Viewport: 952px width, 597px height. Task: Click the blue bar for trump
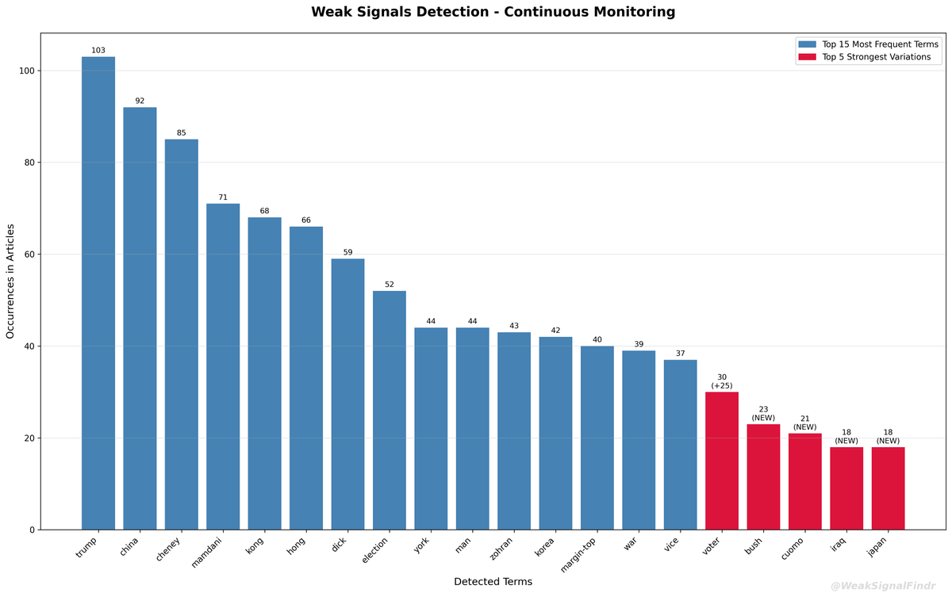coord(98,293)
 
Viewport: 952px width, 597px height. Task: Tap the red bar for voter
coord(722,461)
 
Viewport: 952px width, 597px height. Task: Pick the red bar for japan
coord(888,488)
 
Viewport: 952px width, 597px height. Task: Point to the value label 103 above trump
coord(98,51)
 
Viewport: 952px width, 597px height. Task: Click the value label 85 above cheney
coord(182,133)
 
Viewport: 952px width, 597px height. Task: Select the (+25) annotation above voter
coord(722,386)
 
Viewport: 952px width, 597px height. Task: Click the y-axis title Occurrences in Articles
coord(10,281)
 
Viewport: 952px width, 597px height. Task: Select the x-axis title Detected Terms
coord(493,582)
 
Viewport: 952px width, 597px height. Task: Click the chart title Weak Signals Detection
coord(493,12)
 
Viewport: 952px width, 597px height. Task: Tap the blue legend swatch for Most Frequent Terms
coord(807,44)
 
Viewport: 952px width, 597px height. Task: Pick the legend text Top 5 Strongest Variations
coord(877,57)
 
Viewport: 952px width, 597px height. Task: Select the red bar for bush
coord(763,476)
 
